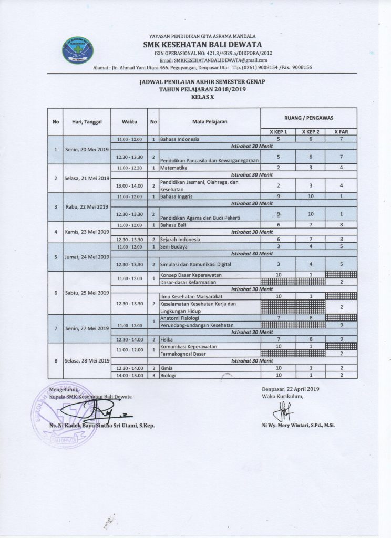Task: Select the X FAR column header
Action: pos(341,131)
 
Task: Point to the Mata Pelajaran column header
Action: pos(210,121)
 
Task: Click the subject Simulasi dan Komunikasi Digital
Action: pos(195,264)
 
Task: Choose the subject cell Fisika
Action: pos(168,339)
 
